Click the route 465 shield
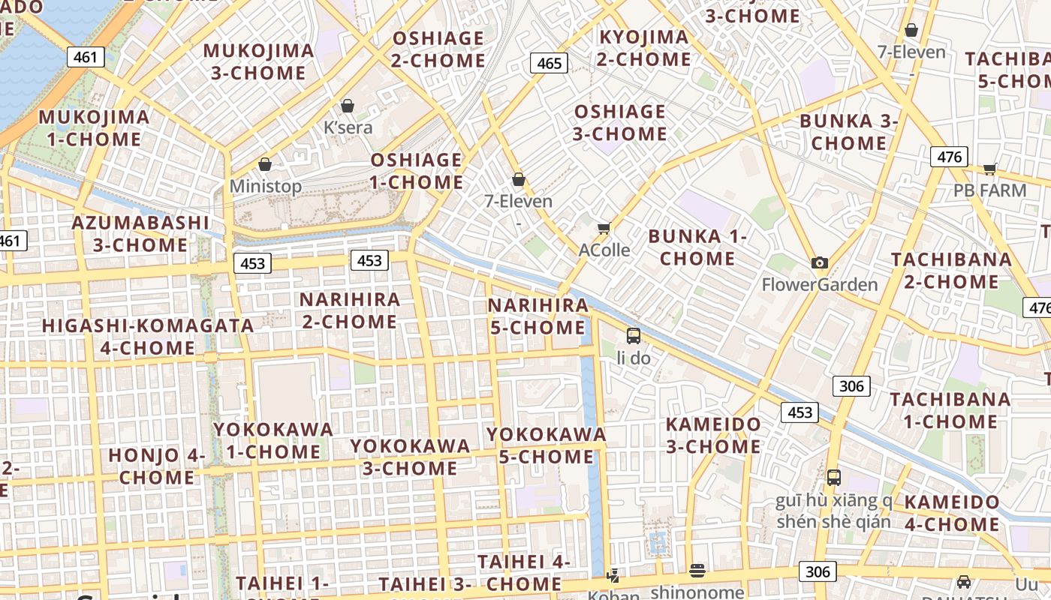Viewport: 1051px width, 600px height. pyautogui.click(x=549, y=63)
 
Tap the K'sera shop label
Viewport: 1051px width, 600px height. pyautogui.click(x=348, y=127)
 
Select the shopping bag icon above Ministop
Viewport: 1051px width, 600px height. pyautogui.click(x=264, y=164)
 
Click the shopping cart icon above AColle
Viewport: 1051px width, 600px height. pyautogui.click(x=604, y=228)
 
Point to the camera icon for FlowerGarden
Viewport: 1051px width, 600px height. pyautogui.click(x=820, y=262)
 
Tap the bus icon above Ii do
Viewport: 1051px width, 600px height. pyautogui.click(x=634, y=335)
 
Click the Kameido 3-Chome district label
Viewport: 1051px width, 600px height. pyautogui.click(x=713, y=435)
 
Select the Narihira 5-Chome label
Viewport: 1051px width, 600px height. pyautogui.click(x=538, y=316)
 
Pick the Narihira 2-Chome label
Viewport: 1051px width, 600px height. pyautogui.click(x=349, y=310)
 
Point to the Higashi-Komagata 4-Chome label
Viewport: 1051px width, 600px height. pyautogui.click(x=148, y=337)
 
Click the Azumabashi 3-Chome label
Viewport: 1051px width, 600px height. pyautogui.click(x=140, y=233)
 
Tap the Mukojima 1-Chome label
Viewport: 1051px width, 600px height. pyautogui.click(x=95, y=127)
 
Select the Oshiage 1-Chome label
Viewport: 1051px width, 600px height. pyautogui.click(x=417, y=170)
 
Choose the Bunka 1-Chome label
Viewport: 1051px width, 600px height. pyautogui.click(x=697, y=247)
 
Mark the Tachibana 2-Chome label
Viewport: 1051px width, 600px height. pyautogui.click(x=951, y=270)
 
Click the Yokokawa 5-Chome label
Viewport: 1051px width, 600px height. pyautogui.click(x=546, y=445)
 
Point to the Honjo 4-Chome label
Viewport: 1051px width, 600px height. pyautogui.click(x=157, y=466)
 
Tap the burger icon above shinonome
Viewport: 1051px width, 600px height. pyautogui.click(x=697, y=571)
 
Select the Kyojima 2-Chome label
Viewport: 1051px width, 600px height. pyautogui.click(x=644, y=47)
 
